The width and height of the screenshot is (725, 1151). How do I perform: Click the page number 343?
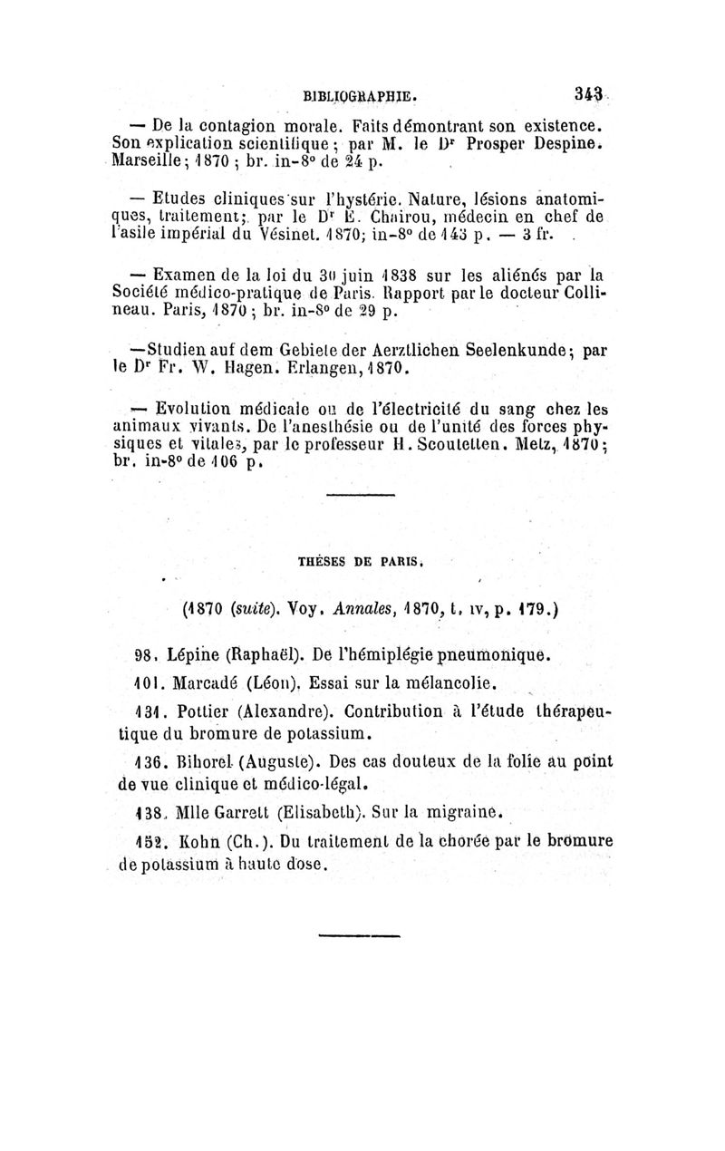pos(589,93)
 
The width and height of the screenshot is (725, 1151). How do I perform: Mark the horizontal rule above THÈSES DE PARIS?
pos(360,495)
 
